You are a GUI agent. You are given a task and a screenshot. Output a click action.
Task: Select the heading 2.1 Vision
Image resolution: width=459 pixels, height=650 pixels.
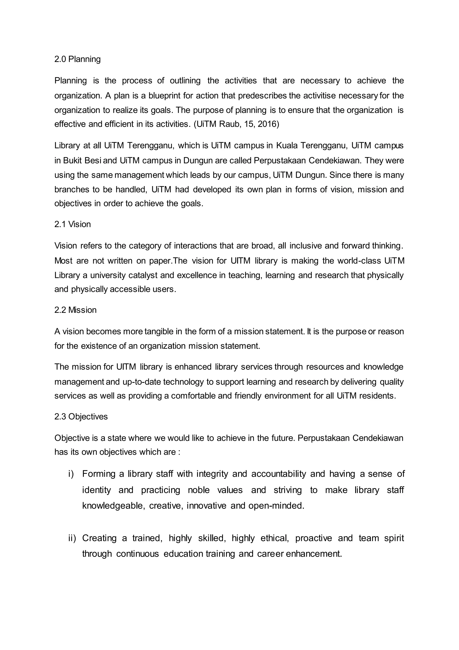[72, 224]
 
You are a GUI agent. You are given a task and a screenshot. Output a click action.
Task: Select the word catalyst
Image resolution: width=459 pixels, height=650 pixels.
[143, 275]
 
